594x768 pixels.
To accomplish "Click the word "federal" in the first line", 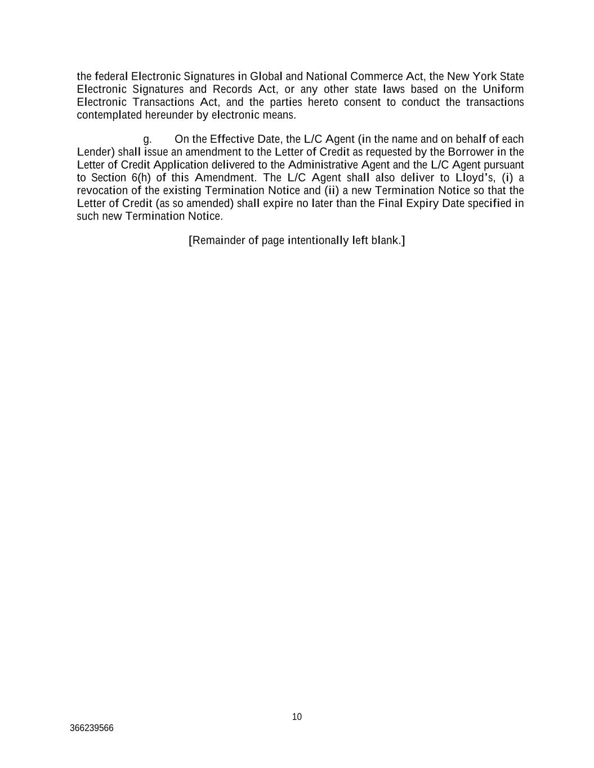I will (111, 77).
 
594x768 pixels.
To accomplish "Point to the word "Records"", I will (232, 89).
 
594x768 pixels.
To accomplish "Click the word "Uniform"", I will (503, 89).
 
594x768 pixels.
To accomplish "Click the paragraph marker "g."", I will (148, 140).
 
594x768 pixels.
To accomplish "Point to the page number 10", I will (297, 717).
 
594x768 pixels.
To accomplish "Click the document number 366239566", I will (92, 728).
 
